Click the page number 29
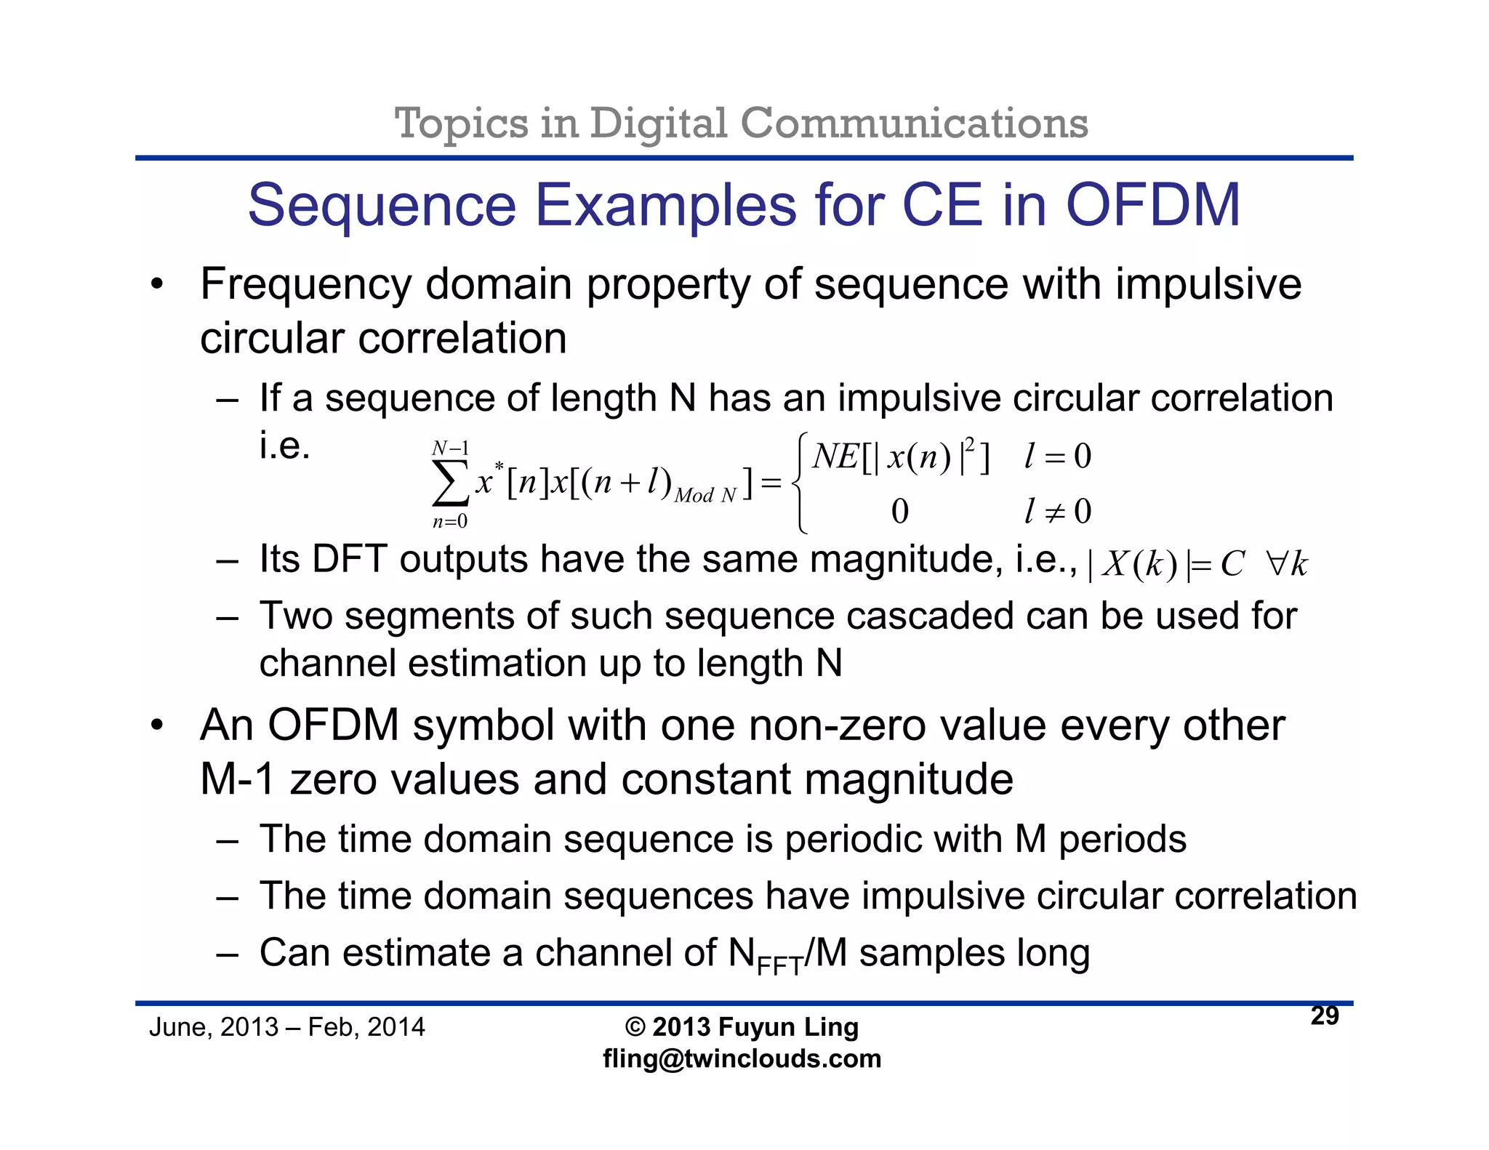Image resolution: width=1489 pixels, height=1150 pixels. (x=1324, y=1016)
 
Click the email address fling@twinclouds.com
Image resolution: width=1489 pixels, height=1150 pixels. (x=742, y=1058)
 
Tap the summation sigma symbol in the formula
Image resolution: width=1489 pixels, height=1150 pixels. (x=450, y=483)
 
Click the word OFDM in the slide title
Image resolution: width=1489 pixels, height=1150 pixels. (x=1152, y=205)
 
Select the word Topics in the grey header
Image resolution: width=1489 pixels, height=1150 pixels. (x=461, y=123)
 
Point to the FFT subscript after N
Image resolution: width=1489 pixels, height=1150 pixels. (x=779, y=966)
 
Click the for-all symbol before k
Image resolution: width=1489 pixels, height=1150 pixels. (x=1277, y=564)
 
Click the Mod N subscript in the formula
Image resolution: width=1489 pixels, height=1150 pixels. (x=705, y=496)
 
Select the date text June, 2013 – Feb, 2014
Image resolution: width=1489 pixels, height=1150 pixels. (x=286, y=1027)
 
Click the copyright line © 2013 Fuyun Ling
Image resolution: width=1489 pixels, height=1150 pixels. (x=742, y=1027)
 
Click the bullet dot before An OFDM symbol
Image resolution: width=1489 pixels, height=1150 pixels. (x=157, y=725)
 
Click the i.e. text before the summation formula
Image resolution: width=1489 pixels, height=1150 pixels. (x=285, y=446)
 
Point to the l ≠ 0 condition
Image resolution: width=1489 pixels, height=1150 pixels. (x=1057, y=511)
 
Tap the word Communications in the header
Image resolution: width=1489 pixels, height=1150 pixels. (x=914, y=123)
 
